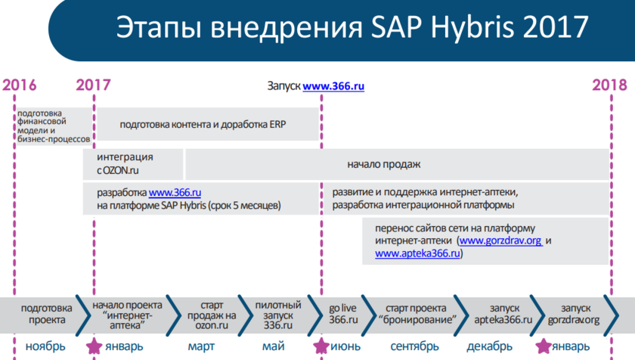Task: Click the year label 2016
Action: tap(20, 85)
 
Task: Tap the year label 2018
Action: tap(609, 85)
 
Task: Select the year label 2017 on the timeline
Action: tap(93, 85)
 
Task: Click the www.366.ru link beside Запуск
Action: tap(333, 86)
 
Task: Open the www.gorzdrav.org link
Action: tap(500, 241)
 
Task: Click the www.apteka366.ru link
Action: tap(417, 253)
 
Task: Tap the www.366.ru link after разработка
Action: tap(175, 192)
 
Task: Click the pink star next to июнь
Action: tap(321, 346)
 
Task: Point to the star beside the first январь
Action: tap(94, 346)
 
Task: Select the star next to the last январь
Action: tap(543, 346)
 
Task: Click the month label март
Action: tap(201, 347)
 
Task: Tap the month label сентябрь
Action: tap(415, 347)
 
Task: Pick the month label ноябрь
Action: tap(45, 347)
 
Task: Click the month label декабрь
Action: tap(489, 347)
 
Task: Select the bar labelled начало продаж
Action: tap(398, 164)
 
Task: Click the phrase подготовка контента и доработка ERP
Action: tap(203, 124)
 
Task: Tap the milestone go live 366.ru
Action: tap(343, 314)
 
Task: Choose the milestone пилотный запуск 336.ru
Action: tap(278, 315)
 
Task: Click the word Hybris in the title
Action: tap(472, 27)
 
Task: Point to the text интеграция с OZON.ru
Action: tap(125, 163)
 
